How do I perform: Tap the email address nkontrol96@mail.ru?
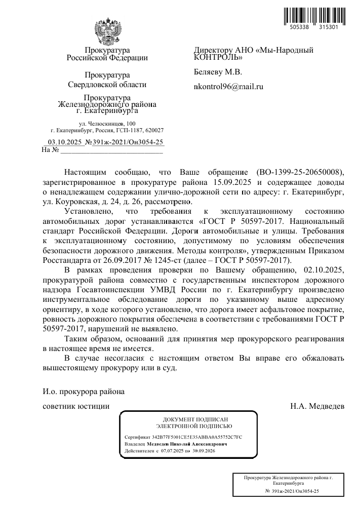[x=229, y=87]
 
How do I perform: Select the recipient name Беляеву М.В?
[x=218, y=72]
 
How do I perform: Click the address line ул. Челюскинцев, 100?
[x=107, y=123]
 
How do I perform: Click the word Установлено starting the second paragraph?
[x=84, y=211]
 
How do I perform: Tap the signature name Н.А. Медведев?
[x=317, y=406]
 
